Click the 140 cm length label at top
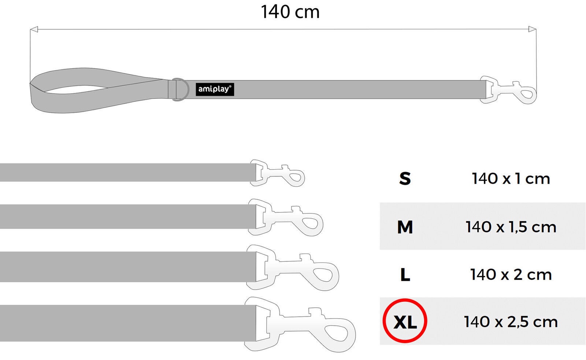(290, 12)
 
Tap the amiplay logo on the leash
(215, 89)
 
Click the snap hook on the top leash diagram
(508, 90)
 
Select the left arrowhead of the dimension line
(34, 29)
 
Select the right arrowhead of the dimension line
(533, 29)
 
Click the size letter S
(405, 179)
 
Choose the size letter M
(405, 227)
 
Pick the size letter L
(405, 275)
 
